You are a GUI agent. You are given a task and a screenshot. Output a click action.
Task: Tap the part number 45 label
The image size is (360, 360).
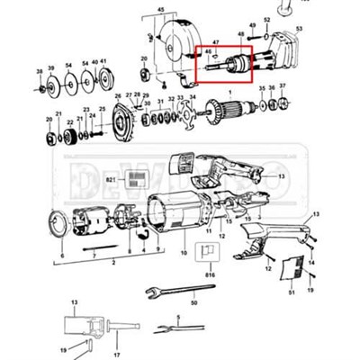(161, 8)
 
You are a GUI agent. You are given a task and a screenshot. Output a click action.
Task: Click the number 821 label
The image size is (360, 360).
(111, 180)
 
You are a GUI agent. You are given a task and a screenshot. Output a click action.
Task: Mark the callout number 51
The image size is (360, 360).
(292, 292)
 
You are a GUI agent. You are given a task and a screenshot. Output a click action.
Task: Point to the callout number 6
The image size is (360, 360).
(62, 256)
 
